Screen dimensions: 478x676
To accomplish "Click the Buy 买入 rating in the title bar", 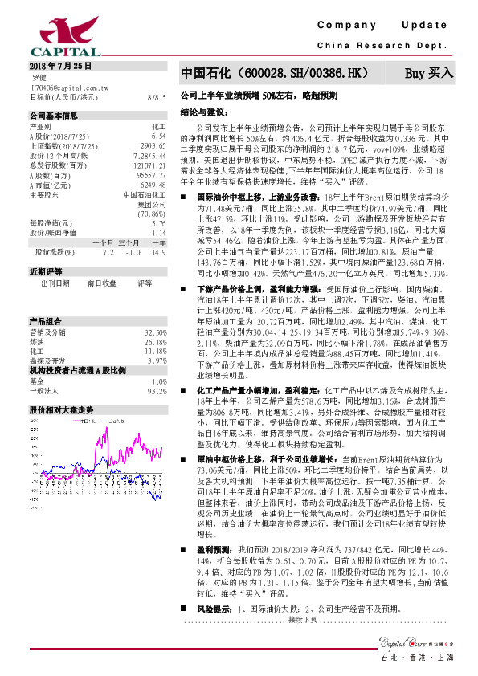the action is pyautogui.click(x=428, y=73).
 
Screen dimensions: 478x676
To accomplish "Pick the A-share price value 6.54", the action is pyautogui.click(x=158, y=136).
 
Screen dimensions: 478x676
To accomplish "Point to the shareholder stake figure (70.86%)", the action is pyautogui.click(x=151, y=214).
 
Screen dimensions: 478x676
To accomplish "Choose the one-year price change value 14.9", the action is pyautogui.click(x=157, y=252).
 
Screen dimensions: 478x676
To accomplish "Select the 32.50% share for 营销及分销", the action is pyautogui.click(x=155, y=309).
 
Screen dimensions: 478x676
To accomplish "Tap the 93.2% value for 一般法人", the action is pyautogui.click(x=156, y=369).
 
